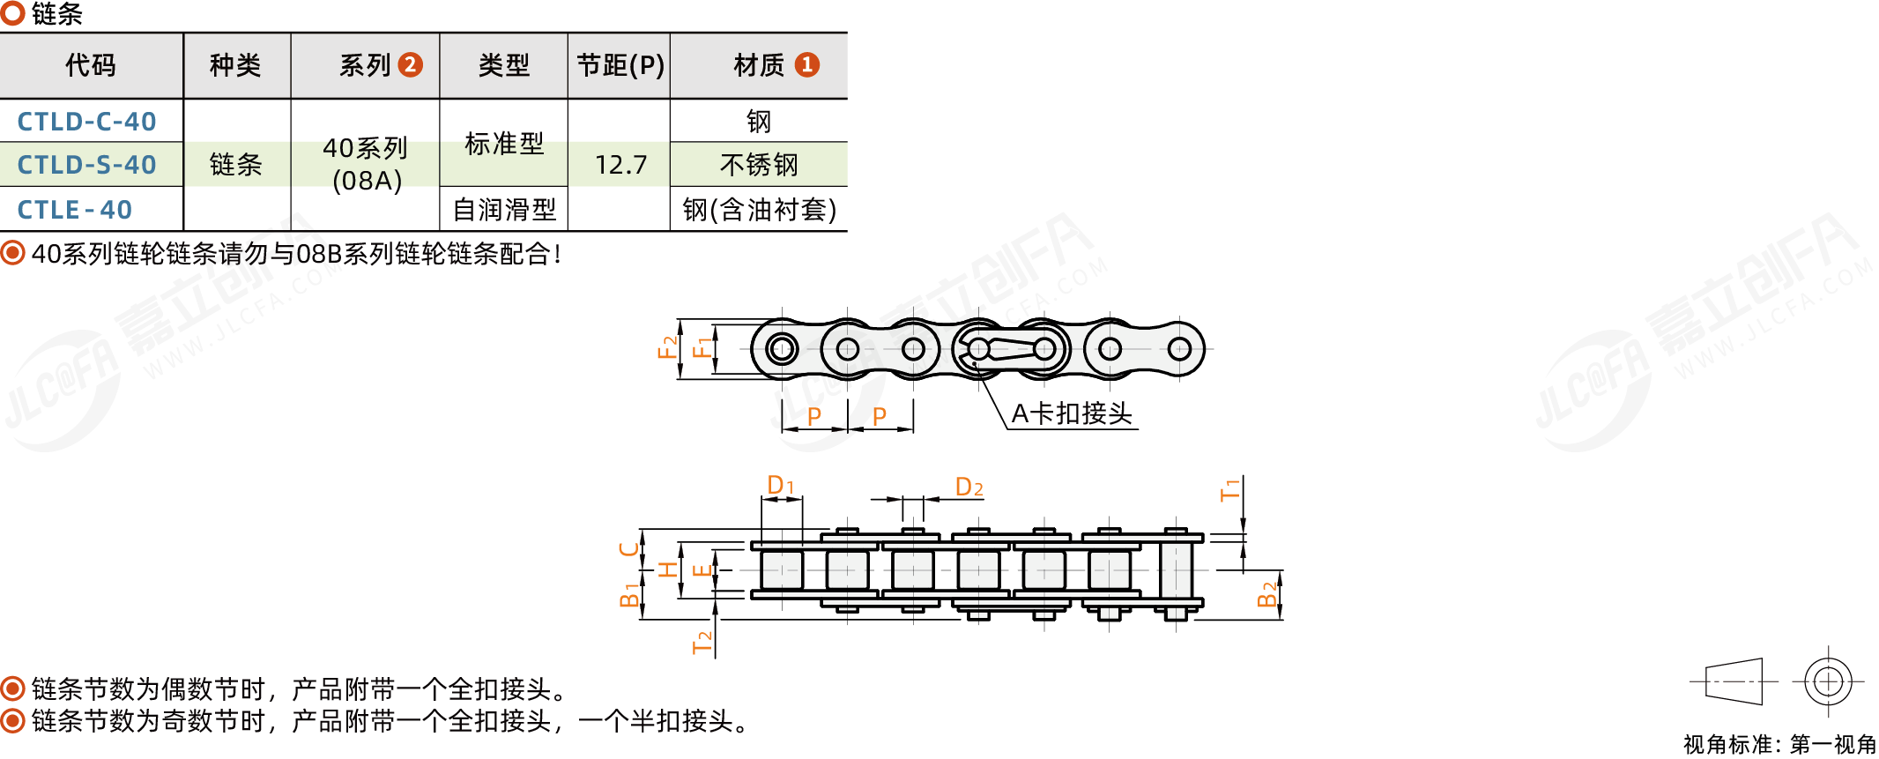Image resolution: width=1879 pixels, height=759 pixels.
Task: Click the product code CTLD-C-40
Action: [86, 122]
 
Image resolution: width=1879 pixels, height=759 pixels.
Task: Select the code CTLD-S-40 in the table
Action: [86, 165]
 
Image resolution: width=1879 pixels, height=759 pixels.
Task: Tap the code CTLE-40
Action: [75, 210]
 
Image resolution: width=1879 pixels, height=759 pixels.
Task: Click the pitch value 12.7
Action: [620, 165]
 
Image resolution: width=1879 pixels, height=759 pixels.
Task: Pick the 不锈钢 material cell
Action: [759, 165]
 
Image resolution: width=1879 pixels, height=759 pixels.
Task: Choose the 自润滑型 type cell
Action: [504, 210]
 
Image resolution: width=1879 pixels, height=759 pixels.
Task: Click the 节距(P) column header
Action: [620, 65]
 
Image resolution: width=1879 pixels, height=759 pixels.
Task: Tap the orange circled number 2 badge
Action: [410, 64]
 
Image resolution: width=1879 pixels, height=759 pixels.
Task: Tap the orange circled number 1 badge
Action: [806, 64]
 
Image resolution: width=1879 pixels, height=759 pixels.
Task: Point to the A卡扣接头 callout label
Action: [1072, 413]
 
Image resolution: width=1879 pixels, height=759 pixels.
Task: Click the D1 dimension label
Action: [781, 485]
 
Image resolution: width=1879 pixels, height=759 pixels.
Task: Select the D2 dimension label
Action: [969, 487]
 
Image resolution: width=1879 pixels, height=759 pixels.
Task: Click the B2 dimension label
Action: [1266, 595]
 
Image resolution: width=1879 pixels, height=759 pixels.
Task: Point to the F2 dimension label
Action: [668, 346]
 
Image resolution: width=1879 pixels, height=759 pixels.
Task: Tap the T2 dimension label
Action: [702, 643]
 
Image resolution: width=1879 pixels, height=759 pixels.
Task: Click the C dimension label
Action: [628, 549]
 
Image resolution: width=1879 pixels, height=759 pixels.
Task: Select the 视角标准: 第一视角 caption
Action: [1779, 744]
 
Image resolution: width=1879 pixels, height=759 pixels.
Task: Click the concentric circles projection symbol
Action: [1829, 681]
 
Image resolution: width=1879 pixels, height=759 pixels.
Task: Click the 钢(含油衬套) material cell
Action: [759, 210]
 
